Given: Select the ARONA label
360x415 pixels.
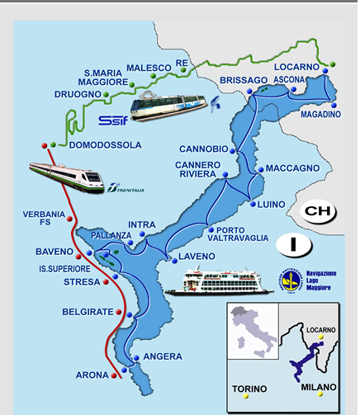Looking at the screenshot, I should (92, 375).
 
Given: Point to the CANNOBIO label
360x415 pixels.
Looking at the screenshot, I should (203, 149).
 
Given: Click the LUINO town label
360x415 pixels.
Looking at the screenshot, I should (271, 204).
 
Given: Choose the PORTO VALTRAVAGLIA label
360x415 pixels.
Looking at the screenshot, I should (242, 233).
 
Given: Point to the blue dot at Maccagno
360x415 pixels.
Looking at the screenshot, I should (260, 170).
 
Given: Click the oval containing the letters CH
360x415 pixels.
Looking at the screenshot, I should (317, 210).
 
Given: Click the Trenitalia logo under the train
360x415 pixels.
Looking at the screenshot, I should (124, 191).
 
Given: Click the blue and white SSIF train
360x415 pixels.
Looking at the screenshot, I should (167, 106).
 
